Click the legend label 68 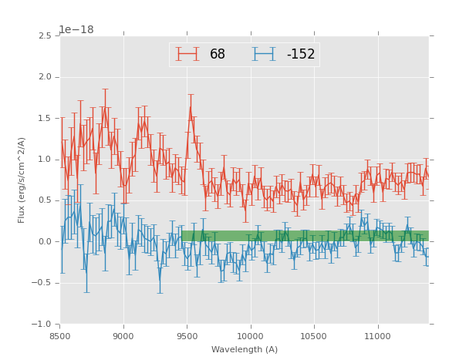tap(218, 54)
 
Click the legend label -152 tap(301, 54)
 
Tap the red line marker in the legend tap(187, 54)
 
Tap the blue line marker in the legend tap(264, 54)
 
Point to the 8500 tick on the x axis tap(60, 336)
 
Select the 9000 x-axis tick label tap(123, 336)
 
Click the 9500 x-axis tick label tap(187, 336)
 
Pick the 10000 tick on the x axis tap(250, 336)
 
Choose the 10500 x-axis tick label tap(314, 336)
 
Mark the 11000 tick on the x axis tap(377, 336)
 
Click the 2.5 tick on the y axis tap(44, 36)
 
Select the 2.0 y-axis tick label tap(44, 77)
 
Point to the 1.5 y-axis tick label tap(44, 119)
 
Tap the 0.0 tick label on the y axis tap(44, 242)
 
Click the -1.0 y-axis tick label tap(42, 325)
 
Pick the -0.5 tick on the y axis tap(42, 283)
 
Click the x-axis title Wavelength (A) tap(244, 350)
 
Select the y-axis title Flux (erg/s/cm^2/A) tap(22, 180)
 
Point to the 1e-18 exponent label tap(76, 30)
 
